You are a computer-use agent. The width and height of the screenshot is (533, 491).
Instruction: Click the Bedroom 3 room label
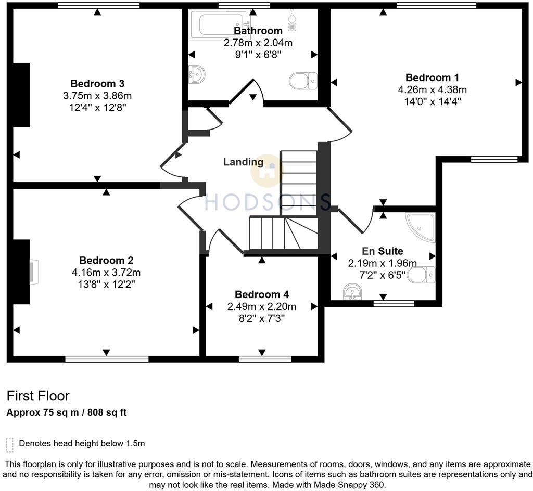[x=97, y=84]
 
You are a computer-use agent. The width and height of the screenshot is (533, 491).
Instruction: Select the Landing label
[x=243, y=162]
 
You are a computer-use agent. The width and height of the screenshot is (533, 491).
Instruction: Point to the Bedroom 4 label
[x=261, y=294]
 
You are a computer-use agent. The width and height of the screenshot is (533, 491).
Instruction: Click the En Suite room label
[x=383, y=251]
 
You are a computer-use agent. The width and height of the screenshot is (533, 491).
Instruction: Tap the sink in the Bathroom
[x=197, y=74]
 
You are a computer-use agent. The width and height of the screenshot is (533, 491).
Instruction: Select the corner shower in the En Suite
[x=422, y=227]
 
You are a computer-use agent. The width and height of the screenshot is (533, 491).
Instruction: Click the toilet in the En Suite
[x=421, y=274]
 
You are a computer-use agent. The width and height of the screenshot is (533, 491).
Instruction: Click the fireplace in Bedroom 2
[x=33, y=272]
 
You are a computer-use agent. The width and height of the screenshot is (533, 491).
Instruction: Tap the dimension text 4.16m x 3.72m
[x=106, y=272]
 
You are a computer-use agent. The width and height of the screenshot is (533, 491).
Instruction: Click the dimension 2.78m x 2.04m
[x=258, y=43]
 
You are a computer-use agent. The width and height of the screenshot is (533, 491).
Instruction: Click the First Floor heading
[x=38, y=396]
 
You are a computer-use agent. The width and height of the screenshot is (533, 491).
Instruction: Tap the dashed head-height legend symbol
[x=9, y=445]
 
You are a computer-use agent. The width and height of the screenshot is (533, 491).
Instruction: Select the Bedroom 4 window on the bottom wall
[x=265, y=358]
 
